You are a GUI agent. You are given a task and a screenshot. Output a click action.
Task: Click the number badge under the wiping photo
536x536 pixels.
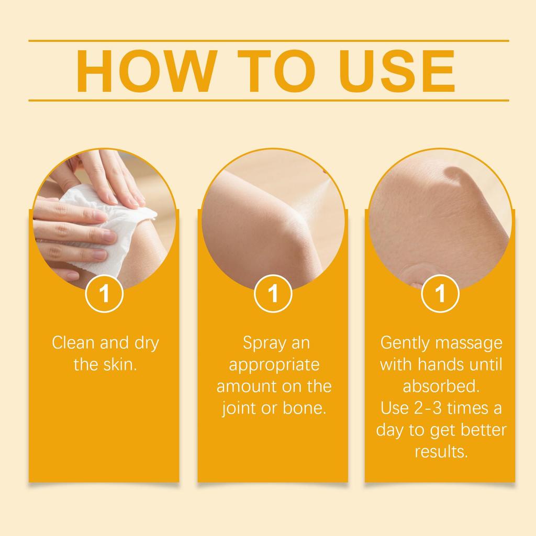click(x=105, y=294)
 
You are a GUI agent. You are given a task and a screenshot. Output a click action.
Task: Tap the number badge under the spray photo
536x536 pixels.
click(x=273, y=294)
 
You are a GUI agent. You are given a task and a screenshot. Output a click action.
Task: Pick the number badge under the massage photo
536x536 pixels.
click(x=440, y=294)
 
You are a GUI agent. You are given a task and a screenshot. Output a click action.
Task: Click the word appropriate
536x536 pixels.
click(x=274, y=365)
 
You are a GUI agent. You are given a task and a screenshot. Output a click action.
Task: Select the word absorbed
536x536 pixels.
click(x=441, y=386)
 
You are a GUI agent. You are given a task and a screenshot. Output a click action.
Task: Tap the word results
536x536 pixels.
click(x=441, y=451)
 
